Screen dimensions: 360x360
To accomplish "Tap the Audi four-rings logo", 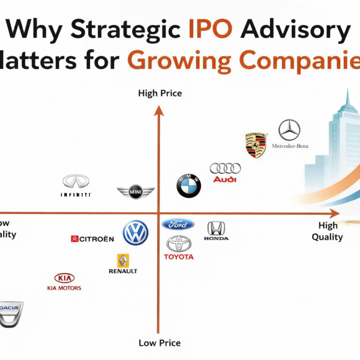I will click(225, 168).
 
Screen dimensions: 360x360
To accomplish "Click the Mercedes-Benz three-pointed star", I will click(289, 130).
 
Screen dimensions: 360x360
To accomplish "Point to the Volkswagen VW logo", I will click(135, 233).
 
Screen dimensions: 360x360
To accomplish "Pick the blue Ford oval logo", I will click(178, 224).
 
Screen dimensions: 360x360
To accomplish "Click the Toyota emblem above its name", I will click(179, 243).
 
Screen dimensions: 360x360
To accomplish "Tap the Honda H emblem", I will click(216, 228).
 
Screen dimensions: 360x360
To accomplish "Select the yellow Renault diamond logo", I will click(123, 261).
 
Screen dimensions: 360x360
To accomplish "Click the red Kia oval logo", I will click(65, 278).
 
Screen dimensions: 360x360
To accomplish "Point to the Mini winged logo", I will click(135, 192).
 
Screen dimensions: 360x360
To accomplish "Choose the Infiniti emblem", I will click(76, 181).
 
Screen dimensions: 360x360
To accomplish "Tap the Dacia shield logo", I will click(10, 313).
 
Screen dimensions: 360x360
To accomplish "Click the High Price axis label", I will click(160, 94).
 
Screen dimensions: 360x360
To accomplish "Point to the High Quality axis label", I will click(328, 231).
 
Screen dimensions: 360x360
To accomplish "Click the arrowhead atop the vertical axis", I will click(159, 110).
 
